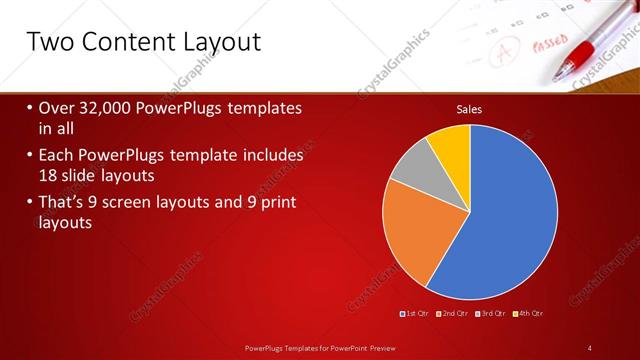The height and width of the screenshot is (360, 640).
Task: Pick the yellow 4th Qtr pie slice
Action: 451,145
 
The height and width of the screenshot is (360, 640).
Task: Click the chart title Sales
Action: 469,109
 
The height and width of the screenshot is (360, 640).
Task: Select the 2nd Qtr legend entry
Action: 454,314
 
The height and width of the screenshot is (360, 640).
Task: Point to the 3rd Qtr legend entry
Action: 493,314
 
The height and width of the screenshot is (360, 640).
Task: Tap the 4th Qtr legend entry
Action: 530,314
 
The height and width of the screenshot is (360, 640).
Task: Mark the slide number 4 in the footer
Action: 590,347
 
